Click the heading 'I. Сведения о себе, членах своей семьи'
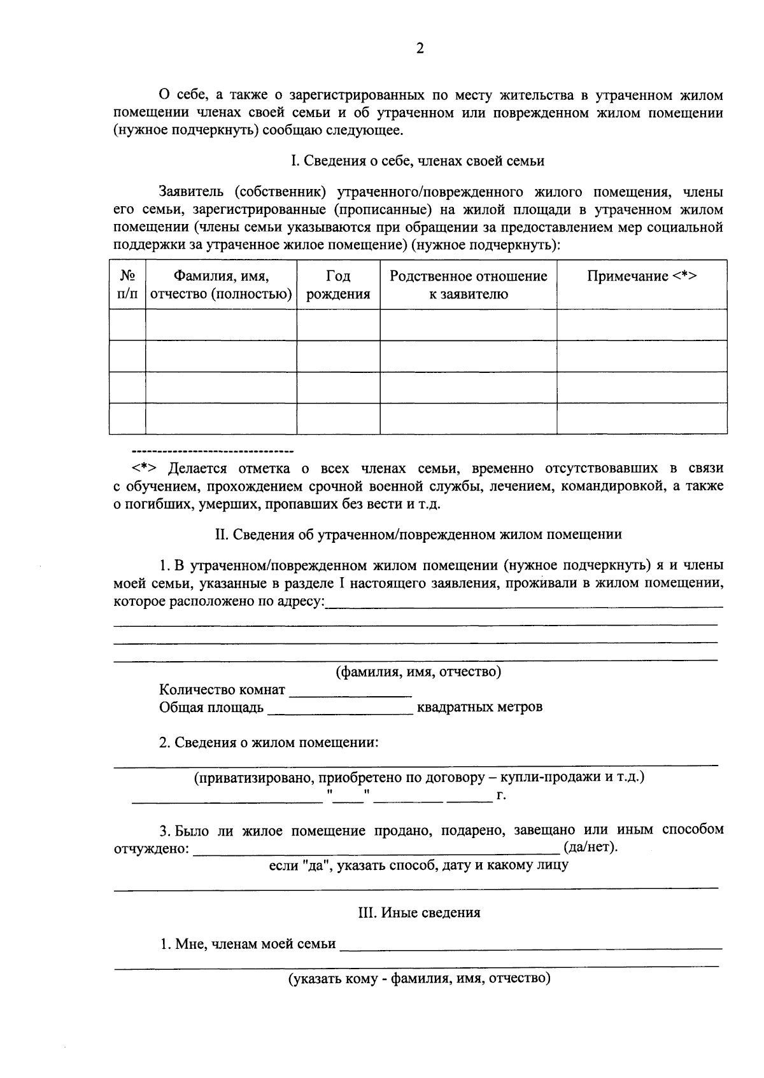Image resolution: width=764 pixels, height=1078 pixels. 418,161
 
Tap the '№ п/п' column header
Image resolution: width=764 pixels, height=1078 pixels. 127,284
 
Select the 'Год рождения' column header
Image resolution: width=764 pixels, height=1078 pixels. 338,284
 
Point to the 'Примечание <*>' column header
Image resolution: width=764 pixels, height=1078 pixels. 642,276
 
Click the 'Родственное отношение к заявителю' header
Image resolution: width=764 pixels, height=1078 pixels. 468,284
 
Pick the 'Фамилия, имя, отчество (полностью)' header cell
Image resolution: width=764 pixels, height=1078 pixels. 221,284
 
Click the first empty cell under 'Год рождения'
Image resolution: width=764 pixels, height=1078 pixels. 338,325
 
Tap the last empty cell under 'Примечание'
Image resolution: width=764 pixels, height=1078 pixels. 642,418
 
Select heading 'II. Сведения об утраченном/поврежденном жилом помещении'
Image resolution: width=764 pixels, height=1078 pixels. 418,535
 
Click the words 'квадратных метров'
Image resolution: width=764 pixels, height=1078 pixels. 479,707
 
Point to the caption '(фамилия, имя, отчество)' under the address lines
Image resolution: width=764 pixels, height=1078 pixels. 418,672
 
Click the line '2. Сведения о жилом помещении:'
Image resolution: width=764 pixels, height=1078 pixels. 269,743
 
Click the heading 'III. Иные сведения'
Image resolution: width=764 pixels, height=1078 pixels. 419,913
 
